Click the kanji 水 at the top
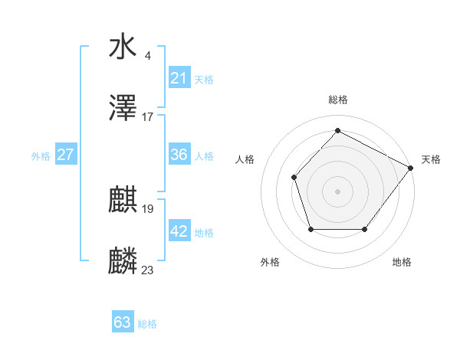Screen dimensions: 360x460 123,47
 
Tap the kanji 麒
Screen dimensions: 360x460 123,201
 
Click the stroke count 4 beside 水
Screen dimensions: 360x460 147,55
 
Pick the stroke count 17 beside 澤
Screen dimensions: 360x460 148,117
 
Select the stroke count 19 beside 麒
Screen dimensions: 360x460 148,208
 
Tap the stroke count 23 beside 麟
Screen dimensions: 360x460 148,270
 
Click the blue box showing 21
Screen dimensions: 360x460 179,78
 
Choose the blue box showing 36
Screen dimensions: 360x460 179,155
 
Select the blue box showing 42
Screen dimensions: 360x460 179,231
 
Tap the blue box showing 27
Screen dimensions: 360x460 65,155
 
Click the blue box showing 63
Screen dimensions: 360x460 123,322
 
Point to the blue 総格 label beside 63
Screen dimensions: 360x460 147,324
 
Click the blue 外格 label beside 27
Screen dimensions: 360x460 41,156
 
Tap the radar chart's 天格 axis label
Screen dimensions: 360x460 431,159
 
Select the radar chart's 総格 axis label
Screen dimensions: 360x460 337,100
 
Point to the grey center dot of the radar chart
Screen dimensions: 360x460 337,191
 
